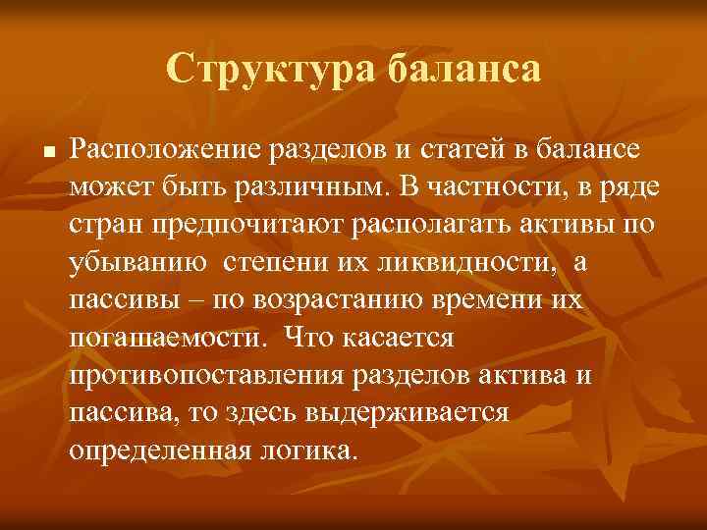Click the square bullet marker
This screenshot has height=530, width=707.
(x=48, y=151)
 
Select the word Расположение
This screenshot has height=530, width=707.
(x=161, y=149)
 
